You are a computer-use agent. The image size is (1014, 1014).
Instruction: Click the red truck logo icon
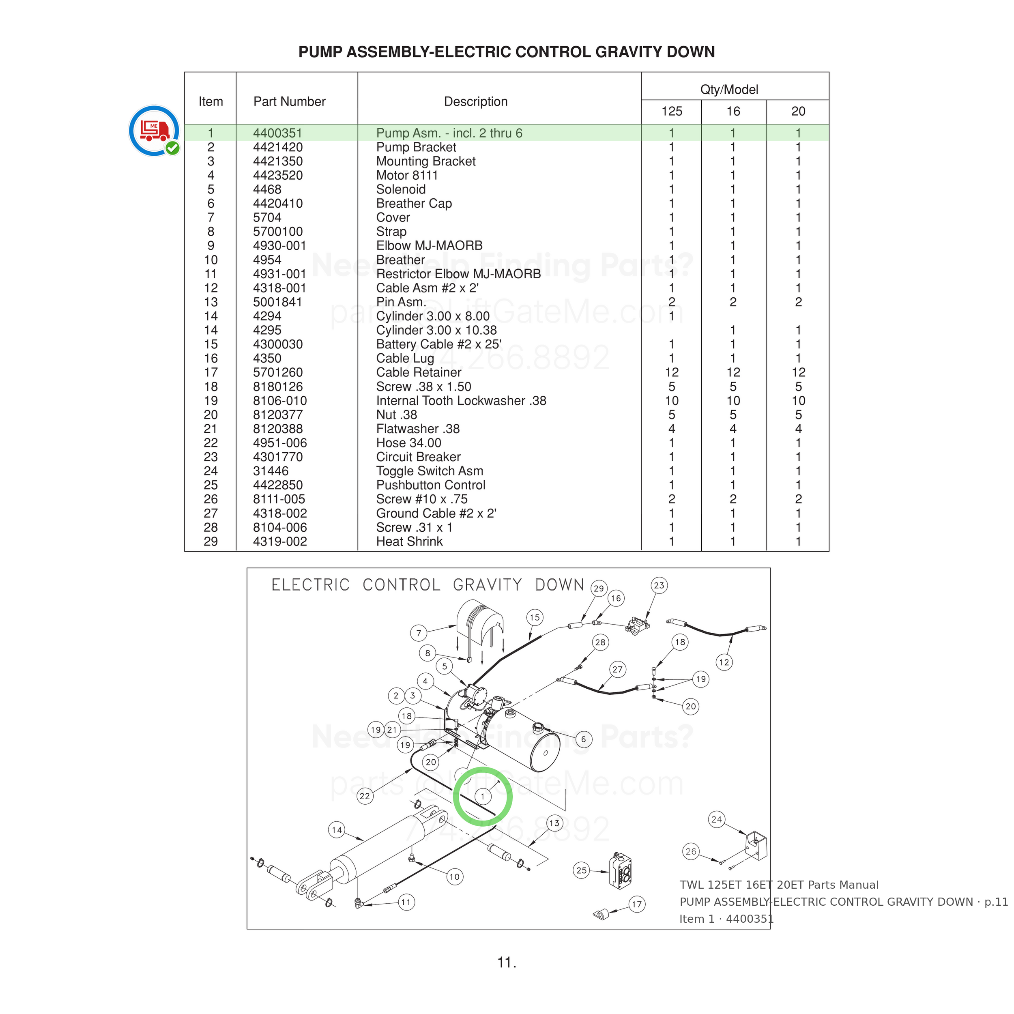154,131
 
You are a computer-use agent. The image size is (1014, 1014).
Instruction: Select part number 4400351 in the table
278,133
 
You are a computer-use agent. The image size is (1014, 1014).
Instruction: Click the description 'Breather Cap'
414,204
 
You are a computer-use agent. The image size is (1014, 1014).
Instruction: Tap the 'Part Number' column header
289,102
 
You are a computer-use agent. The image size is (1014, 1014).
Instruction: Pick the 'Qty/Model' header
729,90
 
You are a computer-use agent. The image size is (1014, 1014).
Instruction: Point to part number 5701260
278,373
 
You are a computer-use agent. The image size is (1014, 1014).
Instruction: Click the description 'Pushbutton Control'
430,486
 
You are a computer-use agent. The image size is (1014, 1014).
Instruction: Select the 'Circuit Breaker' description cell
418,457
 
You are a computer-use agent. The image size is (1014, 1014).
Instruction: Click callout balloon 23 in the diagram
659,585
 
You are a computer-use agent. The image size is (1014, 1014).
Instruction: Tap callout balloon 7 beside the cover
418,633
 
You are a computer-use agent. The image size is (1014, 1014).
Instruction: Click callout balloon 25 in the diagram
582,870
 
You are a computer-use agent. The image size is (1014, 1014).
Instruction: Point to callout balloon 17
637,904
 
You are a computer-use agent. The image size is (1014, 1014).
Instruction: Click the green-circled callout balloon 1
483,796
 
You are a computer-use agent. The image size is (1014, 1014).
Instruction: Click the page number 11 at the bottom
507,962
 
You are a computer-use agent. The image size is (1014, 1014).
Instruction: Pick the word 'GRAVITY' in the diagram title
488,585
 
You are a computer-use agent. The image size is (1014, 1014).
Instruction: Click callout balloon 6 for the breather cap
583,739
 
